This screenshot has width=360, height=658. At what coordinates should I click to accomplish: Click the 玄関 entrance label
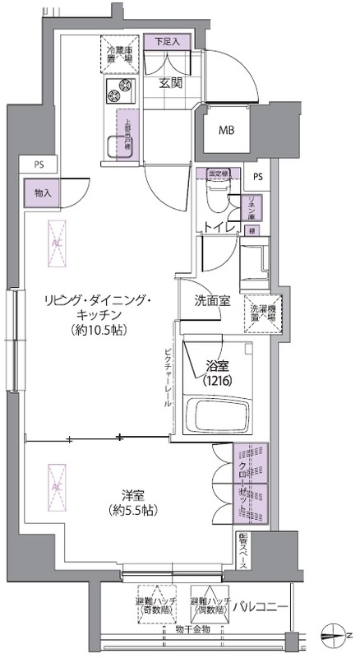(x=170, y=84)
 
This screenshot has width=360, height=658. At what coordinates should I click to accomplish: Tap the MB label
(x=225, y=129)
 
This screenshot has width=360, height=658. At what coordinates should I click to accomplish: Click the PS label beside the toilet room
(x=258, y=178)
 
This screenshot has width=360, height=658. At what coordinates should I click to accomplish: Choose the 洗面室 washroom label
(x=212, y=302)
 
